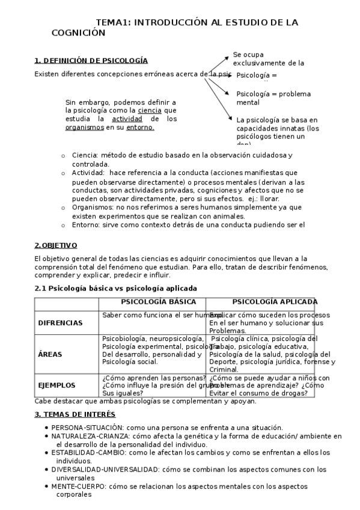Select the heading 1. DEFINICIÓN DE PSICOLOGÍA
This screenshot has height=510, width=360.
(x=91, y=60)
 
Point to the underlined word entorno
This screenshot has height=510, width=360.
(x=141, y=127)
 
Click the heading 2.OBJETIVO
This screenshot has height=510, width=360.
(x=56, y=245)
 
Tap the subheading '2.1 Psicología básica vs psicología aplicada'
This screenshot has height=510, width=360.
(x=116, y=288)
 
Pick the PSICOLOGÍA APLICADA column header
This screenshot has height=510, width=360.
(x=275, y=302)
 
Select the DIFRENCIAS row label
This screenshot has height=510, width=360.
(x=60, y=323)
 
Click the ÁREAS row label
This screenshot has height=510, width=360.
(x=50, y=354)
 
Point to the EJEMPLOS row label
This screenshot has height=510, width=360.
(x=57, y=386)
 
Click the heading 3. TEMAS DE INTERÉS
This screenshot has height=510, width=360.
(x=75, y=414)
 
